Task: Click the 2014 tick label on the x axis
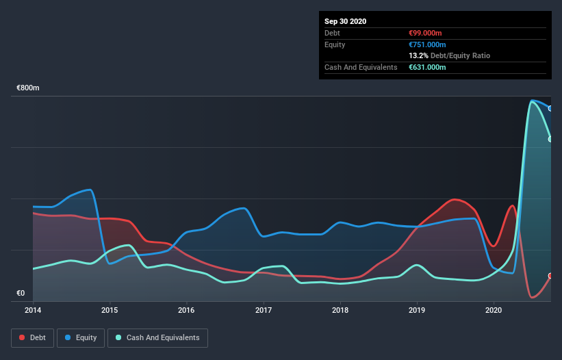coord(33,310)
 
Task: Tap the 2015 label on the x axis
coord(110,310)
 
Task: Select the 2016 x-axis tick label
coord(186,310)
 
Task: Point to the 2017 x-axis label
coord(264,310)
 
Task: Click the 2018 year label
coord(340,310)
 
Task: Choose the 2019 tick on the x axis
coord(417,310)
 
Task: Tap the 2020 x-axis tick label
coord(494,310)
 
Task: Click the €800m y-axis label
coord(28,88)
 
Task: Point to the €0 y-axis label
coord(21,294)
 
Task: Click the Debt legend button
coord(32,337)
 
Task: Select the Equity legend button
coord(81,337)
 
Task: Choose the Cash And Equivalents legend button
coord(157,337)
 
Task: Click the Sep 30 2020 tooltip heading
coord(346,21)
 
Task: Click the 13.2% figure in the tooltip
coord(418,55)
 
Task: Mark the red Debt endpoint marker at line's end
coord(550,276)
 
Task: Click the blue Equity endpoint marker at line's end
coord(550,108)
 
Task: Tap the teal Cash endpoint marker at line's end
coord(550,139)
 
